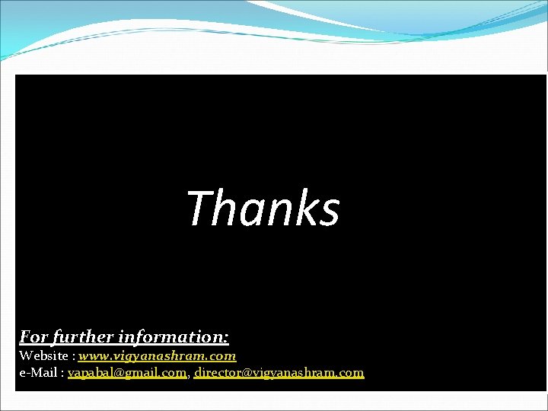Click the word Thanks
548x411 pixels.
pyautogui.click(x=263, y=209)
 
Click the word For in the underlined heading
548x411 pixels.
pyautogui.click(x=34, y=336)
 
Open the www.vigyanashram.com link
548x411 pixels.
pyautogui.click(x=158, y=355)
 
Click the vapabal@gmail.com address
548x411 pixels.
pyautogui.click(x=127, y=373)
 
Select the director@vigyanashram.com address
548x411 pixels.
pyautogui.click(x=279, y=373)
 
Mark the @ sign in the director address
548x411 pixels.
pyautogui.click(x=245, y=373)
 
